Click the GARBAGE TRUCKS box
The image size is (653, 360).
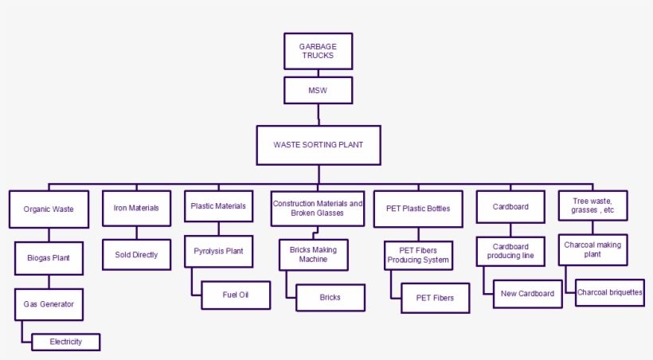318,51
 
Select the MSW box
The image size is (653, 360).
318,90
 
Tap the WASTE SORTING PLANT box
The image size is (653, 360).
318,145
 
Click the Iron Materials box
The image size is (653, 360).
136,208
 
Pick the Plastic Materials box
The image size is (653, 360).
218,205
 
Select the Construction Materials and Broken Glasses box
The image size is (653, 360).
318,209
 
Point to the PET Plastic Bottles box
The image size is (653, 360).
418,209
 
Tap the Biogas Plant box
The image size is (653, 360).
49,258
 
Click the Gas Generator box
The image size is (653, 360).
49,304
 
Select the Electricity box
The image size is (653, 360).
66,342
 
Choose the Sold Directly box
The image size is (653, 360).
136,255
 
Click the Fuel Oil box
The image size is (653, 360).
236,295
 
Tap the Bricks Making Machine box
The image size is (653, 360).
313,254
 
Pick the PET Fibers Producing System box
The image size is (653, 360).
419,255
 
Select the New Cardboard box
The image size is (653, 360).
527,294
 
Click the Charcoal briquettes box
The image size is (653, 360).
609,292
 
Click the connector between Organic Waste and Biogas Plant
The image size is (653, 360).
49,235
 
